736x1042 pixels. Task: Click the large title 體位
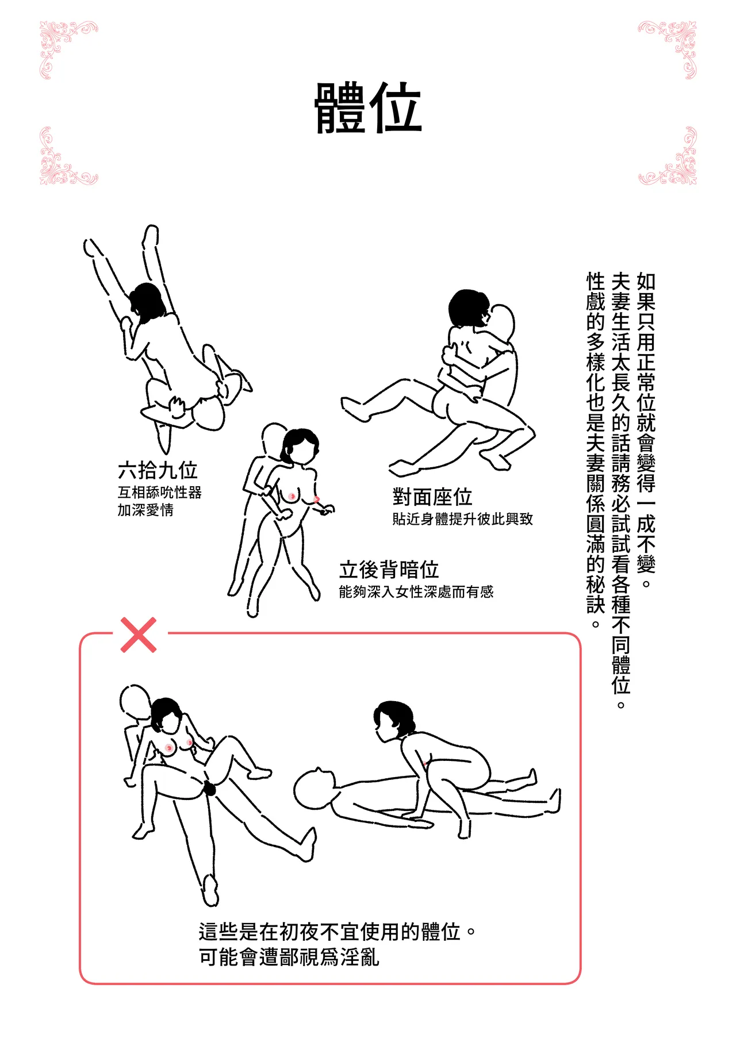tap(368, 108)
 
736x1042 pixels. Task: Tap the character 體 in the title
tap(340, 108)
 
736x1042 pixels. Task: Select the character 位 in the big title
tap(396, 108)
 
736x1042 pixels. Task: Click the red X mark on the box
tap(139, 635)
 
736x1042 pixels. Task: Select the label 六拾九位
tap(158, 470)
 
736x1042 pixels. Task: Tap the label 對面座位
tap(432, 497)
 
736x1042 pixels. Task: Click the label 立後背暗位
tap(389, 570)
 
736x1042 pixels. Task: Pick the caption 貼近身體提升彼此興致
tap(462, 519)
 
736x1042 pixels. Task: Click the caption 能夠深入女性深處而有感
tap(416, 592)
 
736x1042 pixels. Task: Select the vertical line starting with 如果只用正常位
tap(646, 423)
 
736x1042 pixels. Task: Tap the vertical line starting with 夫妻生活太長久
tap(621, 490)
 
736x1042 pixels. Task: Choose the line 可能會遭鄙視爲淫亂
tap(289, 958)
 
